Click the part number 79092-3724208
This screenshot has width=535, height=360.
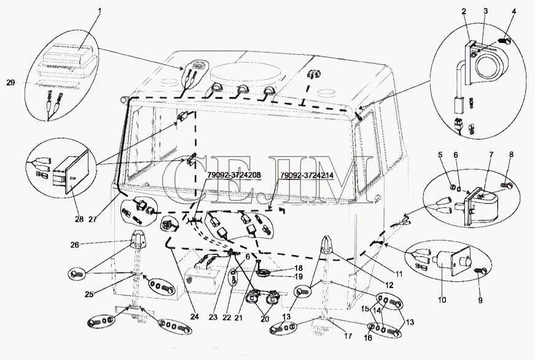coord(233,175)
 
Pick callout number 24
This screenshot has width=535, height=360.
coord(194,318)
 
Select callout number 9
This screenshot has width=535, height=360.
coord(481,301)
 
